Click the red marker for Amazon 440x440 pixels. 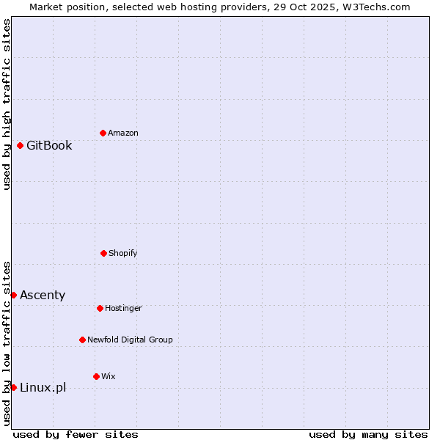(x=103, y=133)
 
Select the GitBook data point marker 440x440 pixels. (x=20, y=145)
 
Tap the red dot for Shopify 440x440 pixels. (x=103, y=253)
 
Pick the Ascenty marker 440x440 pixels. (x=13, y=295)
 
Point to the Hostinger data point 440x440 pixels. (x=100, y=308)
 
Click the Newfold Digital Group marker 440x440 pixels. (x=82, y=340)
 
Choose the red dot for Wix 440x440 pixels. (x=96, y=376)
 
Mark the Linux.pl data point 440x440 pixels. (x=13, y=387)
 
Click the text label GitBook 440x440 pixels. (x=49, y=145)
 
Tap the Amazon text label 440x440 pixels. (x=123, y=133)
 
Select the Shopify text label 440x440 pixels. (x=123, y=253)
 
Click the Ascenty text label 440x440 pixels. (x=43, y=295)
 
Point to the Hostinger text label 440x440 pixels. (x=123, y=308)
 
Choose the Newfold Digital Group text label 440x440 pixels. (x=130, y=340)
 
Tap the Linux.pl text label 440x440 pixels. (x=43, y=387)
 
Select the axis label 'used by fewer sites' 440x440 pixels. (x=76, y=434)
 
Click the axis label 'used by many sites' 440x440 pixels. (x=368, y=434)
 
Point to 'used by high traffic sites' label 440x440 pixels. (x=7, y=104)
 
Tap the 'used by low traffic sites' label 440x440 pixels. (x=7, y=343)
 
